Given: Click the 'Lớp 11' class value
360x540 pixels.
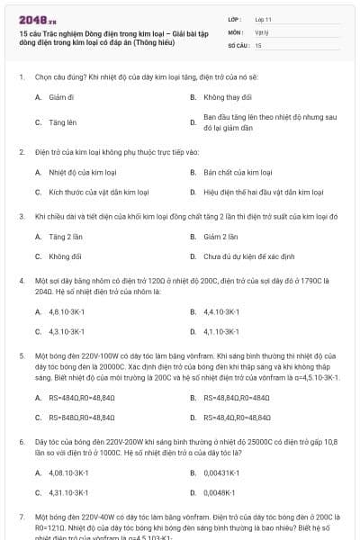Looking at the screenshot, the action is click(264, 19).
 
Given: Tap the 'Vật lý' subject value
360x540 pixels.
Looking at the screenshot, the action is click(262, 31).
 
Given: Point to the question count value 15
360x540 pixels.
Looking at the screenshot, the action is click(258, 44).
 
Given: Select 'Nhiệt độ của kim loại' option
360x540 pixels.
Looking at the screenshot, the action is click(83, 171).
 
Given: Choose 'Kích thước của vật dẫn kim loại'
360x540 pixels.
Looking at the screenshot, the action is click(98, 192).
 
